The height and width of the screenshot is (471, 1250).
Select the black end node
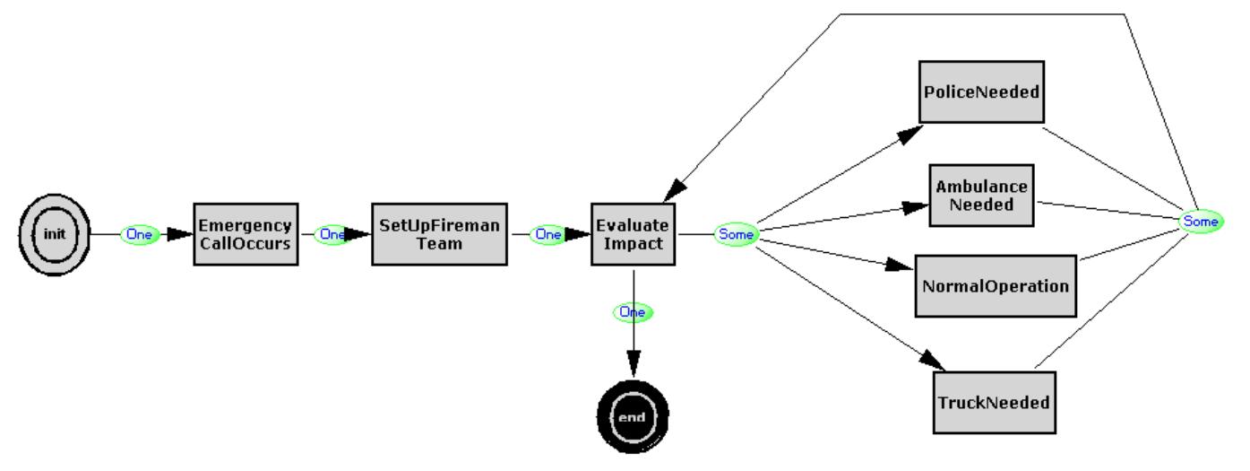point(633,418)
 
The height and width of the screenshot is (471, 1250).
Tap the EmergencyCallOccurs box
point(245,233)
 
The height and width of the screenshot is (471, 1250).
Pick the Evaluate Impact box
point(634,233)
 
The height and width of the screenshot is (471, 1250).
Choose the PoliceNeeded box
point(982,92)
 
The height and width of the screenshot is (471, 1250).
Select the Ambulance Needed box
point(981,195)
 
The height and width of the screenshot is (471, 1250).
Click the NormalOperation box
point(995,286)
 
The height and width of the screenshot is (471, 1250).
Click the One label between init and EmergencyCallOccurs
point(139,234)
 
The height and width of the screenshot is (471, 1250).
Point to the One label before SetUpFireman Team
point(332,234)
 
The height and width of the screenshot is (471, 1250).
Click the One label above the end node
point(633,312)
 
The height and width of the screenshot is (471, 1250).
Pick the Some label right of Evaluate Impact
point(736,234)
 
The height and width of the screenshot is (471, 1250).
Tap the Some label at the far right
point(1200,221)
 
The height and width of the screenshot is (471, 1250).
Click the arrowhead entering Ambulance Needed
point(916,207)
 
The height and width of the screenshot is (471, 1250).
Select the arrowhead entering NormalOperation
point(900,267)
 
